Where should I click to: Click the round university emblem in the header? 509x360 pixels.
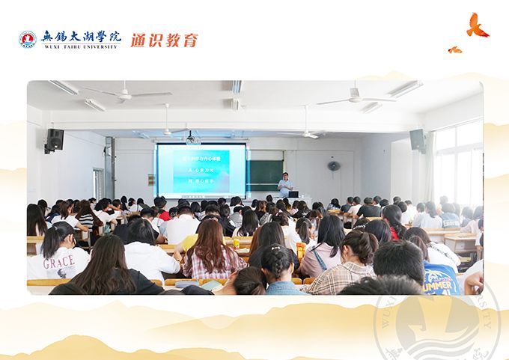tap(27, 40)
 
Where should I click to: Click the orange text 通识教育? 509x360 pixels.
tap(164, 40)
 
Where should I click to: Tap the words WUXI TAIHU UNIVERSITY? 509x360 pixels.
tap(80, 47)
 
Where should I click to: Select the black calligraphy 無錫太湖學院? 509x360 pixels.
tap(80, 36)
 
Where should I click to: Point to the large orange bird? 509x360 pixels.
tap(476, 26)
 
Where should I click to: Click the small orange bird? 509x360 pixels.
tap(454, 50)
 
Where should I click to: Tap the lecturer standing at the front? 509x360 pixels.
tap(285, 185)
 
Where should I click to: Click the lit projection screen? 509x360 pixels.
tap(200, 171)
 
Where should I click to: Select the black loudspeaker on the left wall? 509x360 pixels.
tap(55, 139)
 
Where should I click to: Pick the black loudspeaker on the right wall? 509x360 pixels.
tap(417, 139)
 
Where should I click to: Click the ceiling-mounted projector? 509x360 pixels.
tap(192, 138)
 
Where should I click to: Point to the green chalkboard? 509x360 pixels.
tap(266, 175)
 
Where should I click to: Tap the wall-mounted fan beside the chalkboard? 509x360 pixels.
tap(333, 165)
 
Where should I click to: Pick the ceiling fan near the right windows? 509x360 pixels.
tap(356, 98)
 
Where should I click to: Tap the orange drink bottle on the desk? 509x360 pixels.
tap(300, 251)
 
